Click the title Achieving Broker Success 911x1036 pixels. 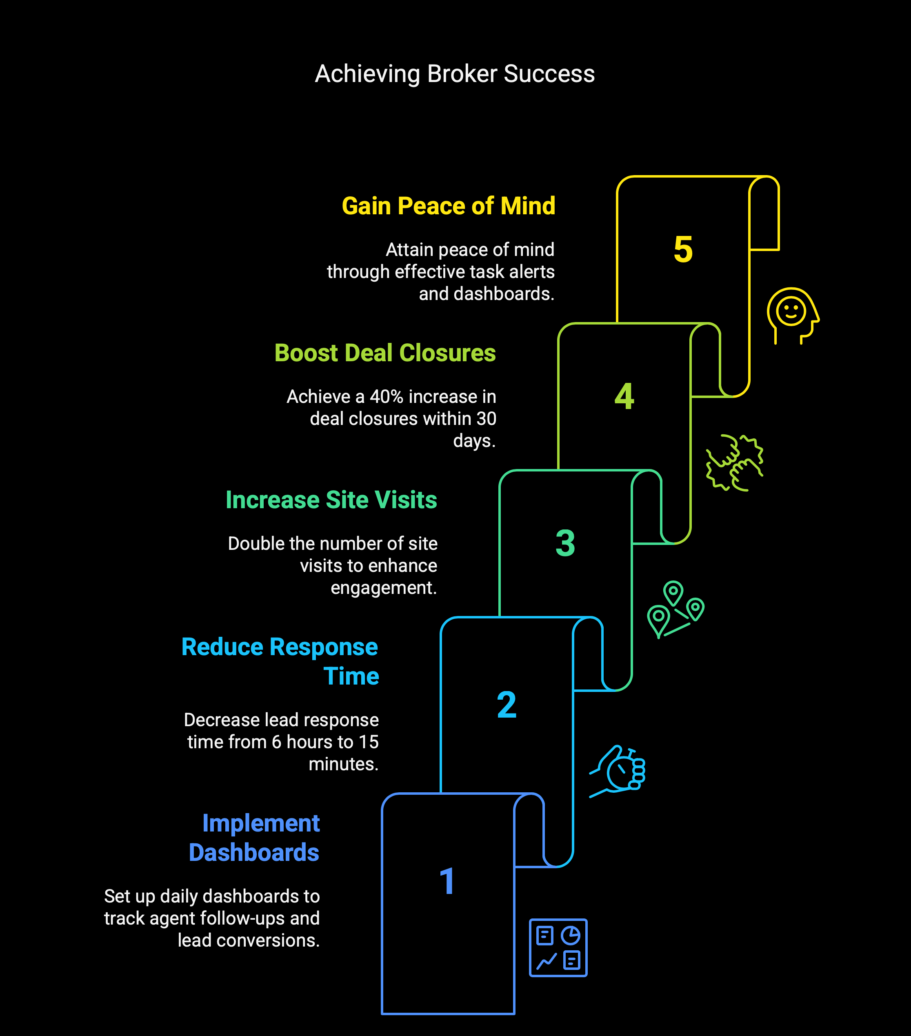click(x=455, y=74)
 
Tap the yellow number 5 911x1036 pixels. click(x=683, y=249)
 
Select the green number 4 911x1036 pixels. click(x=624, y=396)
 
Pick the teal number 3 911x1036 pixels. click(x=565, y=543)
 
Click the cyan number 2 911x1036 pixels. click(x=507, y=705)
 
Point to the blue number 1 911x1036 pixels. click(x=447, y=881)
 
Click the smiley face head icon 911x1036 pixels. click(x=793, y=316)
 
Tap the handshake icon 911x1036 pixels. click(x=735, y=462)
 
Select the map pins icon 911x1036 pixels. click(x=675, y=609)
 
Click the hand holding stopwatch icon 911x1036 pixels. click(x=617, y=771)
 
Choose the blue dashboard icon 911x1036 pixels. click(x=558, y=947)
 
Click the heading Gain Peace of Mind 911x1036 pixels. click(x=449, y=206)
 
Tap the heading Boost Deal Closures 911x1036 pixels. click(x=385, y=353)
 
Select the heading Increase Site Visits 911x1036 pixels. click(x=331, y=500)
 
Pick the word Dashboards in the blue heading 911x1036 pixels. click(x=254, y=853)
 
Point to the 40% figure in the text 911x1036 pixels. click(x=386, y=396)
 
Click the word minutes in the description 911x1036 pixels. click(x=344, y=764)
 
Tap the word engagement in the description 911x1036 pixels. click(x=384, y=588)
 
